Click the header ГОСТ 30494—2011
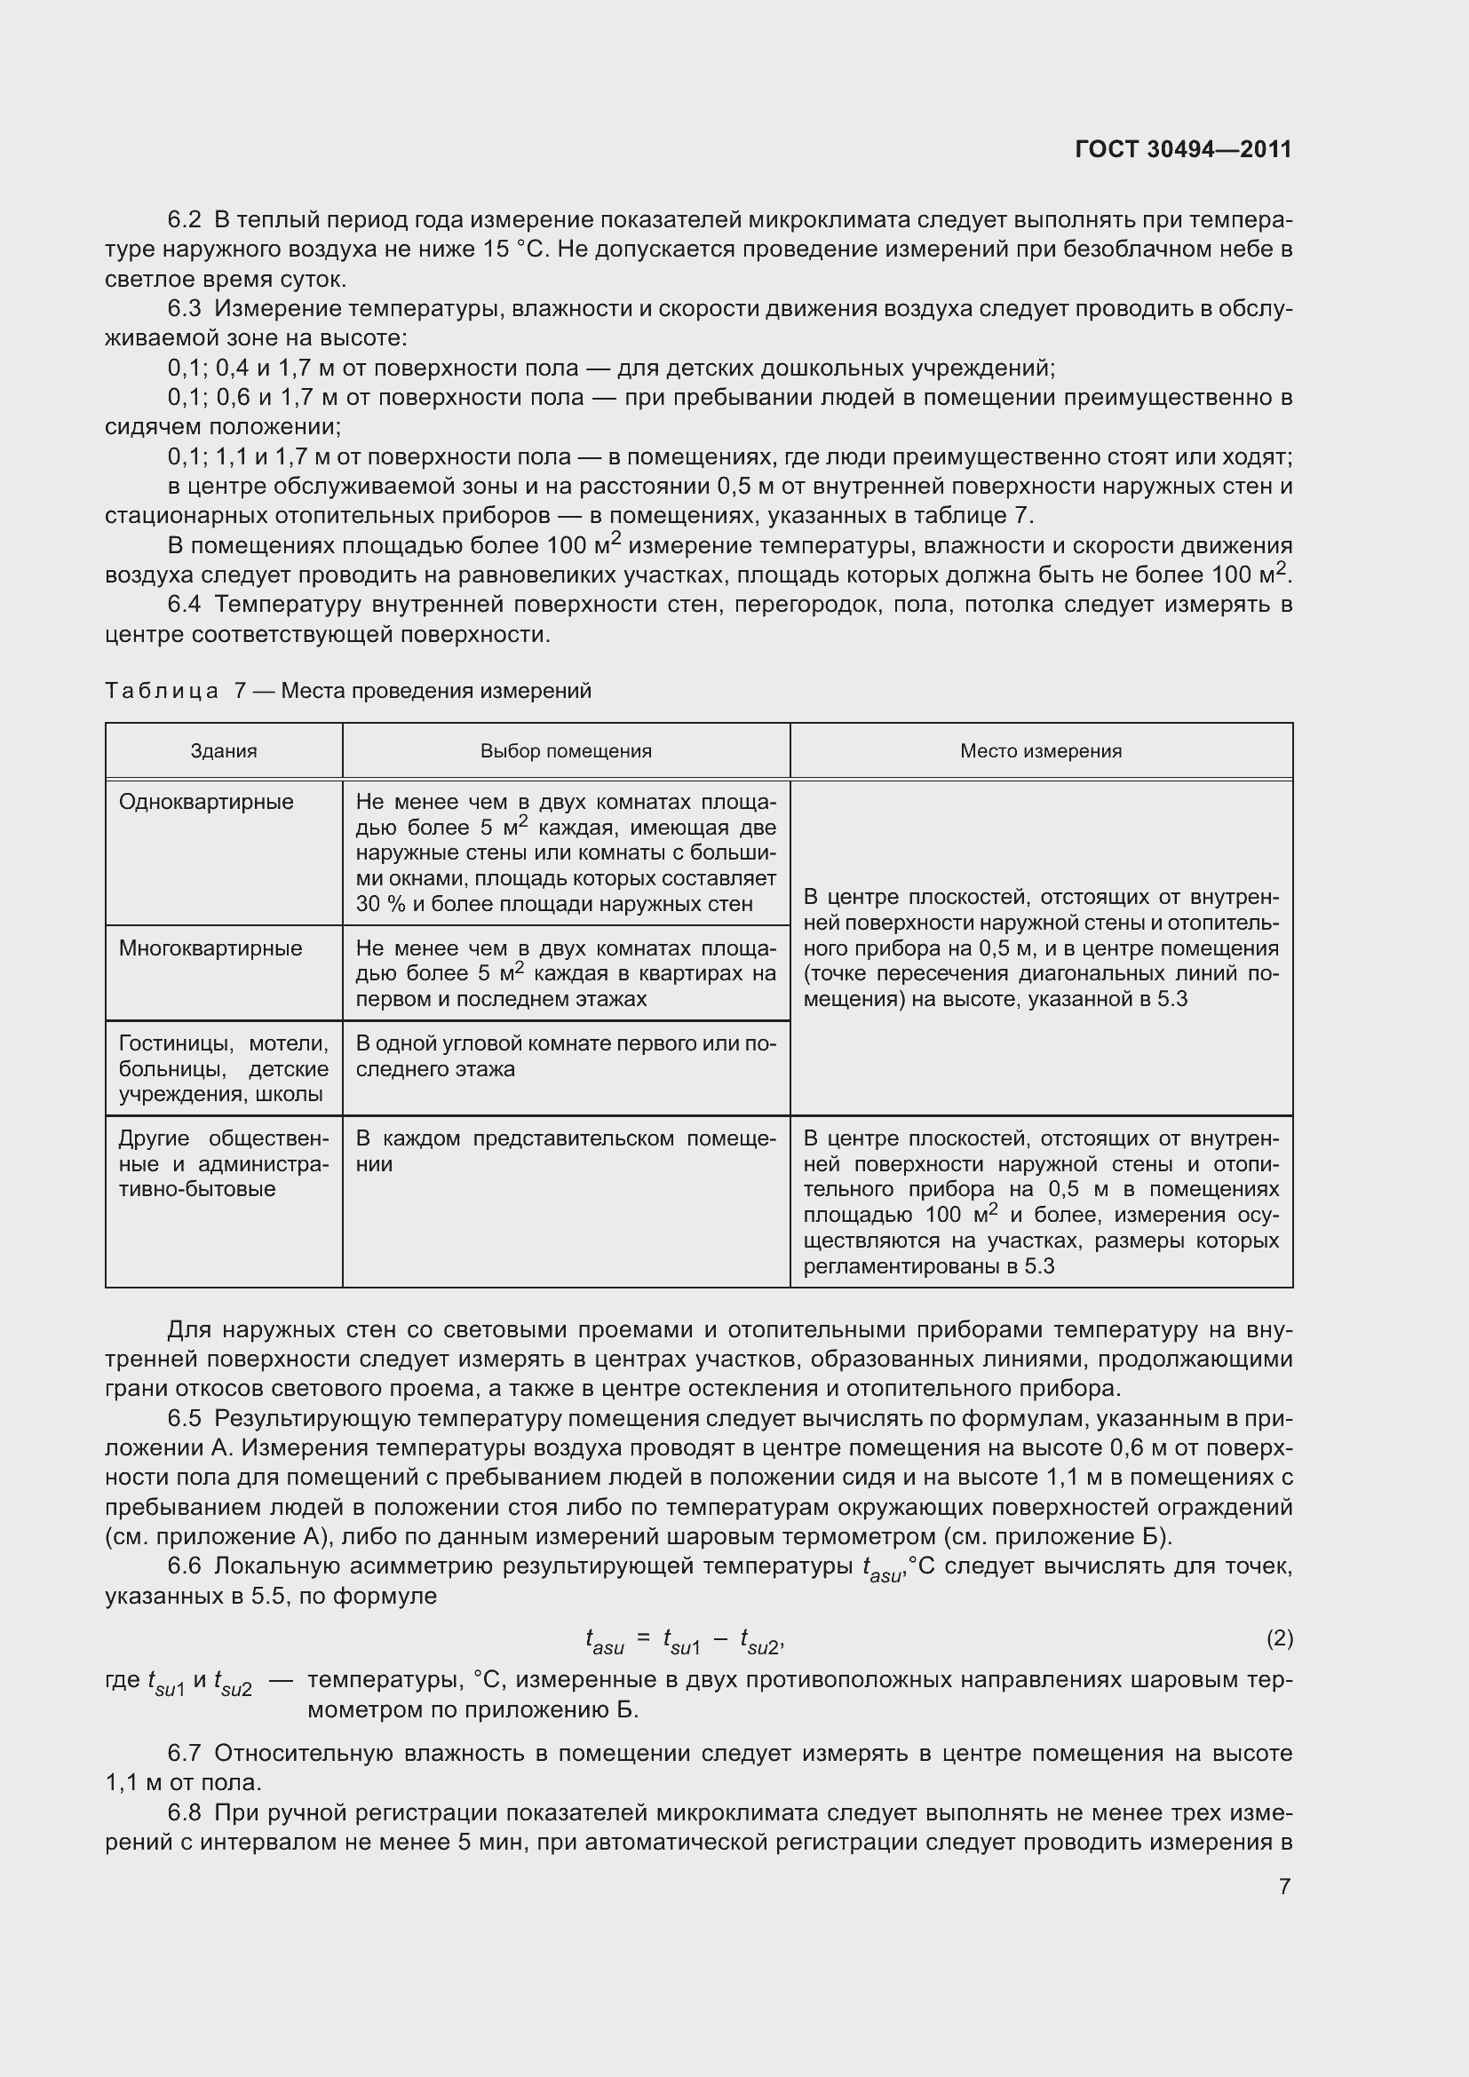tap(1183, 149)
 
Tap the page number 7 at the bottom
tap(1284, 1886)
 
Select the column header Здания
tap(224, 751)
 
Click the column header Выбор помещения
tap(566, 751)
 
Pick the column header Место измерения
tap(1040, 751)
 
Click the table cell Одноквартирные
tap(206, 803)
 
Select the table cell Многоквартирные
tap(210, 948)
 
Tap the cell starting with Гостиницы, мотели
tap(224, 1068)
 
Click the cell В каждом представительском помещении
tap(566, 1151)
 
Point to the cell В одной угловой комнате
tap(566, 1056)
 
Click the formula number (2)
tap(1279, 1638)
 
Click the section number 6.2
tap(185, 220)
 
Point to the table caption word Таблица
tap(161, 691)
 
